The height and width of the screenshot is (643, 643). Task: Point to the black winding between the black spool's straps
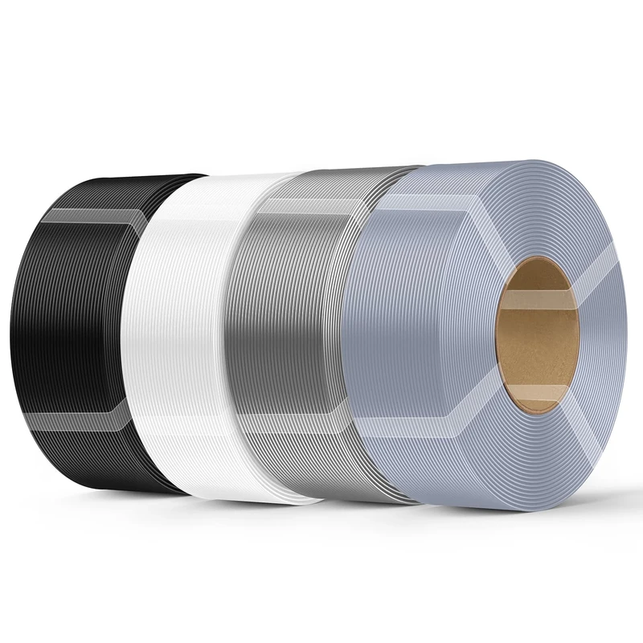[x=72, y=321]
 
